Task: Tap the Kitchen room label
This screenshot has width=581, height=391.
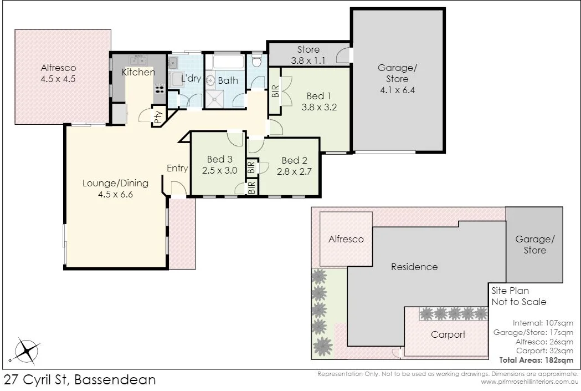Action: pyautogui.click(x=138, y=72)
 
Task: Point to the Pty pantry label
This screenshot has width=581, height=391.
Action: pyautogui.click(x=158, y=117)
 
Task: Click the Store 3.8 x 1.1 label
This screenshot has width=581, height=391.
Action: pyautogui.click(x=309, y=55)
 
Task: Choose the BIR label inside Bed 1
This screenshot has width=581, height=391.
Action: pyautogui.click(x=275, y=92)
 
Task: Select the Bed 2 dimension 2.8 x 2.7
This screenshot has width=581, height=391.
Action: pyautogui.click(x=294, y=171)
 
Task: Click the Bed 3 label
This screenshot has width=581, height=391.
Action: pyautogui.click(x=220, y=159)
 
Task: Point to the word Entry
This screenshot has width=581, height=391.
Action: pyautogui.click(x=177, y=169)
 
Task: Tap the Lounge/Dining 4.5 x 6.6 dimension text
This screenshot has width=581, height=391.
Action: pyautogui.click(x=116, y=194)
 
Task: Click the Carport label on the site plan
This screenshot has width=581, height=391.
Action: pyautogui.click(x=448, y=334)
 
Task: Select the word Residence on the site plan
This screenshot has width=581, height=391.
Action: pyautogui.click(x=414, y=267)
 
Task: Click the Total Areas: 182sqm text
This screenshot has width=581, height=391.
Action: pyautogui.click(x=536, y=360)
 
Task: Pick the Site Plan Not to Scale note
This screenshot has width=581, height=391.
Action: pyautogui.click(x=519, y=296)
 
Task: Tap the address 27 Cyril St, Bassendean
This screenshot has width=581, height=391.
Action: pyautogui.click(x=80, y=380)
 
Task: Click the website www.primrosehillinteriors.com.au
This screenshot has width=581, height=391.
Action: pyautogui.click(x=529, y=382)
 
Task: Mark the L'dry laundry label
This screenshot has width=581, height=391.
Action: pyautogui.click(x=191, y=78)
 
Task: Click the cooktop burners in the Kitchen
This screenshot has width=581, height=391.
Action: pyautogui.click(x=160, y=88)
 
